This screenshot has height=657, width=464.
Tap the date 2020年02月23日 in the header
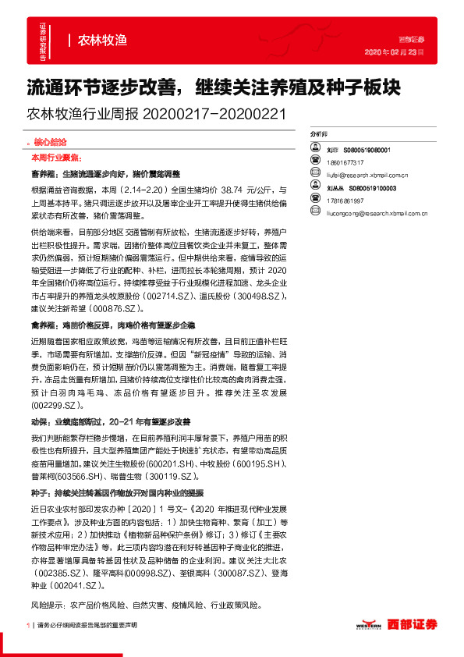[x=394, y=52]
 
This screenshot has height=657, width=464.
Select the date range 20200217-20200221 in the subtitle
[x=214, y=114]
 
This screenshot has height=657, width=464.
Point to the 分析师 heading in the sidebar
[x=319, y=134]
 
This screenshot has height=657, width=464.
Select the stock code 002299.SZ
[x=52, y=407]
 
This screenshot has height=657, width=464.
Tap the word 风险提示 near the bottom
[x=48, y=605]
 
